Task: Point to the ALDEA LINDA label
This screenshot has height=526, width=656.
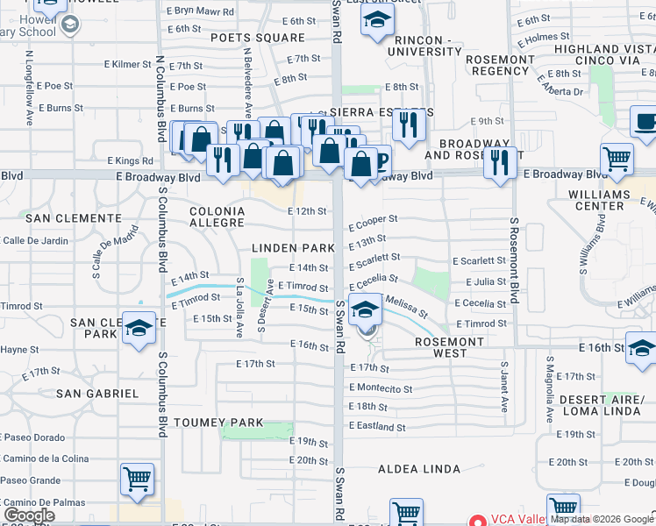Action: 419,469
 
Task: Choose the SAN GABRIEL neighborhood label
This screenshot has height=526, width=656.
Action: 97,394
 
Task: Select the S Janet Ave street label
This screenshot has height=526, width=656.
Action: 504,386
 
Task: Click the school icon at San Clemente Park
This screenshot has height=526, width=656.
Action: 138,330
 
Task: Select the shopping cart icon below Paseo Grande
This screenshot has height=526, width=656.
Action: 138,480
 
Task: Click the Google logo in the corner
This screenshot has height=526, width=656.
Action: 29,515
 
